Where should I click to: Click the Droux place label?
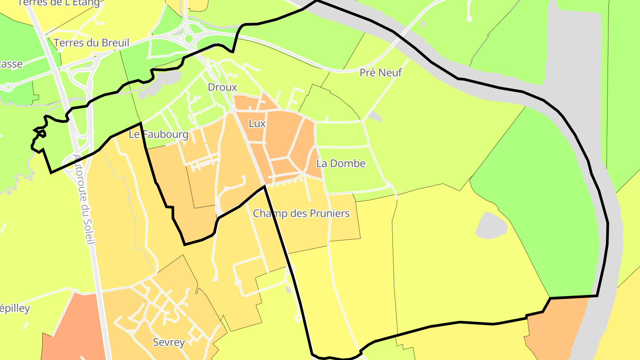[223, 87]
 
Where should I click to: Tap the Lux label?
[257, 124]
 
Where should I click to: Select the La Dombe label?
[341, 164]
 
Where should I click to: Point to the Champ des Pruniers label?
[301, 214]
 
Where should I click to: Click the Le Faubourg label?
[159, 134]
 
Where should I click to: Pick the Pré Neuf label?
[380, 72]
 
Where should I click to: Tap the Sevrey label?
[168, 342]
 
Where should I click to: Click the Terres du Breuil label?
[91, 43]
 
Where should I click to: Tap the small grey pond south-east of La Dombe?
[492, 225]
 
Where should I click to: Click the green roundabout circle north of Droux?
[189, 39]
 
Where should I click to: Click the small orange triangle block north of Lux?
[268, 102]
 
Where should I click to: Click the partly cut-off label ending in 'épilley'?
[15, 308]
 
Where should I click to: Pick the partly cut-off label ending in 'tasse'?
[11, 64]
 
